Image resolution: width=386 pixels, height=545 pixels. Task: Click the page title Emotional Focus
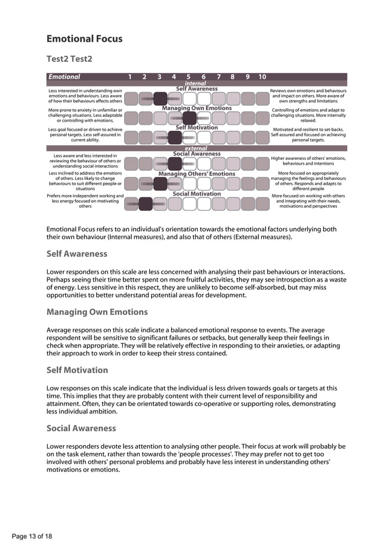click(x=84, y=39)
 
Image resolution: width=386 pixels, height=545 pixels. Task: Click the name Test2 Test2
click(x=70, y=59)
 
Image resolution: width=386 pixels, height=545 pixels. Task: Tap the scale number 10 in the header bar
click(x=262, y=77)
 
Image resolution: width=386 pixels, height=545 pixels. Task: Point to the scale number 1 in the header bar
click(x=130, y=77)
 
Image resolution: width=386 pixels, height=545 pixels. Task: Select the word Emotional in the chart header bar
click(x=64, y=77)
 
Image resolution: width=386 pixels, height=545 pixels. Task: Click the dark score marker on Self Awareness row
click(x=160, y=99)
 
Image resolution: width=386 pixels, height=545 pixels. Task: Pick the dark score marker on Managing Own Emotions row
click(x=189, y=118)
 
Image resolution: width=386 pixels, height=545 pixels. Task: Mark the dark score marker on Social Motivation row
click(x=146, y=204)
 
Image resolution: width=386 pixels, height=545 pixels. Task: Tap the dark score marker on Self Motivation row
click(x=175, y=137)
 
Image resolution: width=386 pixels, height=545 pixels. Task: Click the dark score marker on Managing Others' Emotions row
click(x=160, y=183)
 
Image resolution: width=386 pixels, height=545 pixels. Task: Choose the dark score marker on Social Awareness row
click(x=175, y=163)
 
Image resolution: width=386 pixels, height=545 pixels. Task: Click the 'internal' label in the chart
click(x=195, y=83)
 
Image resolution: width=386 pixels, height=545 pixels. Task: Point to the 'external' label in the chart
click(x=195, y=148)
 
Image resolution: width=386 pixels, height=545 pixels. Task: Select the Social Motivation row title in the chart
click(x=197, y=194)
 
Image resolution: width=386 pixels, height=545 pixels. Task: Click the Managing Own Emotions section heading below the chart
click(x=97, y=312)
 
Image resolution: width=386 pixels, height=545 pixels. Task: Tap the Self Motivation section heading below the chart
click(x=77, y=370)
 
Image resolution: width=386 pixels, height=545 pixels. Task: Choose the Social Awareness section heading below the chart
click(x=80, y=428)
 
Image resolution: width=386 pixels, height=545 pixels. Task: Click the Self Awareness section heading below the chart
click(x=77, y=254)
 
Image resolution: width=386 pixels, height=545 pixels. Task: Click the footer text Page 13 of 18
click(x=32, y=536)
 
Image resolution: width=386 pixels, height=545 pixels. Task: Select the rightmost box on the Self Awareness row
click(x=263, y=99)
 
